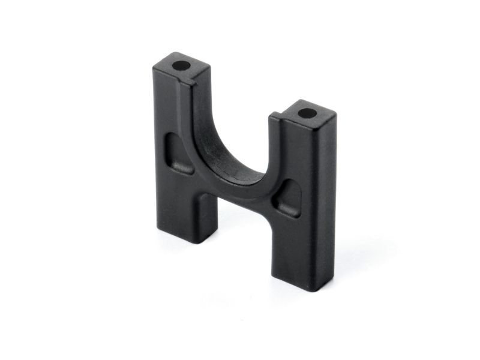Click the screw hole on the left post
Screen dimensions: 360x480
coord(179,64)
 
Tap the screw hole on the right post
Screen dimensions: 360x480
coord(305,112)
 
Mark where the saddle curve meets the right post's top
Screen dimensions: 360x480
coord(275,116)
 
